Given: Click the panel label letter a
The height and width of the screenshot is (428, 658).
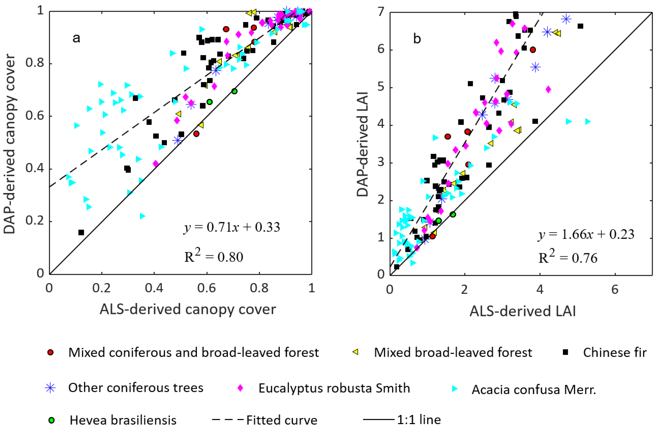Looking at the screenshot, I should (76, 38).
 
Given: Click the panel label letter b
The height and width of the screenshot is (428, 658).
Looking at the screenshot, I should (417, 39).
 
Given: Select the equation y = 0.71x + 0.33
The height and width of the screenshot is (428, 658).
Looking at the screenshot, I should (232, 227).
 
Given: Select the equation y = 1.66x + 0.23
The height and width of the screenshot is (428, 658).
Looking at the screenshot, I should (586, 235).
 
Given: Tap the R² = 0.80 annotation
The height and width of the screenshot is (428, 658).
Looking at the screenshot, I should (214, 256).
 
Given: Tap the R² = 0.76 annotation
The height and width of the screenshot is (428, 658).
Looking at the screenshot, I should (568, 257).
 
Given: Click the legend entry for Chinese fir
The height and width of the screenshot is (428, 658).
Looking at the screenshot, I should (615, 352).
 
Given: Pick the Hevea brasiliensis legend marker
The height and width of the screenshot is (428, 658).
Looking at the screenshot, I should (51, 420).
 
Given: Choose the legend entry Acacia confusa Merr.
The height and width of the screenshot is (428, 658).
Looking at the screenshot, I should (534, 389).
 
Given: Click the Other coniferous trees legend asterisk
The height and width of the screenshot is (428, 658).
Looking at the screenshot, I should (50, 388).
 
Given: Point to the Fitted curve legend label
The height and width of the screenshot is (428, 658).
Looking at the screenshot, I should (282, 420).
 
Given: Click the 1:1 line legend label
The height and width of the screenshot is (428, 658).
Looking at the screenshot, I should (419, 420).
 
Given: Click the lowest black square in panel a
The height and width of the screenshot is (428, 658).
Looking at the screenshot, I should (81, 233).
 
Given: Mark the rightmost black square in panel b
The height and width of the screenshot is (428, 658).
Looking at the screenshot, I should (580, 26).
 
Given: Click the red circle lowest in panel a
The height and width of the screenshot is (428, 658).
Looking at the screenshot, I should (196, 134).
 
